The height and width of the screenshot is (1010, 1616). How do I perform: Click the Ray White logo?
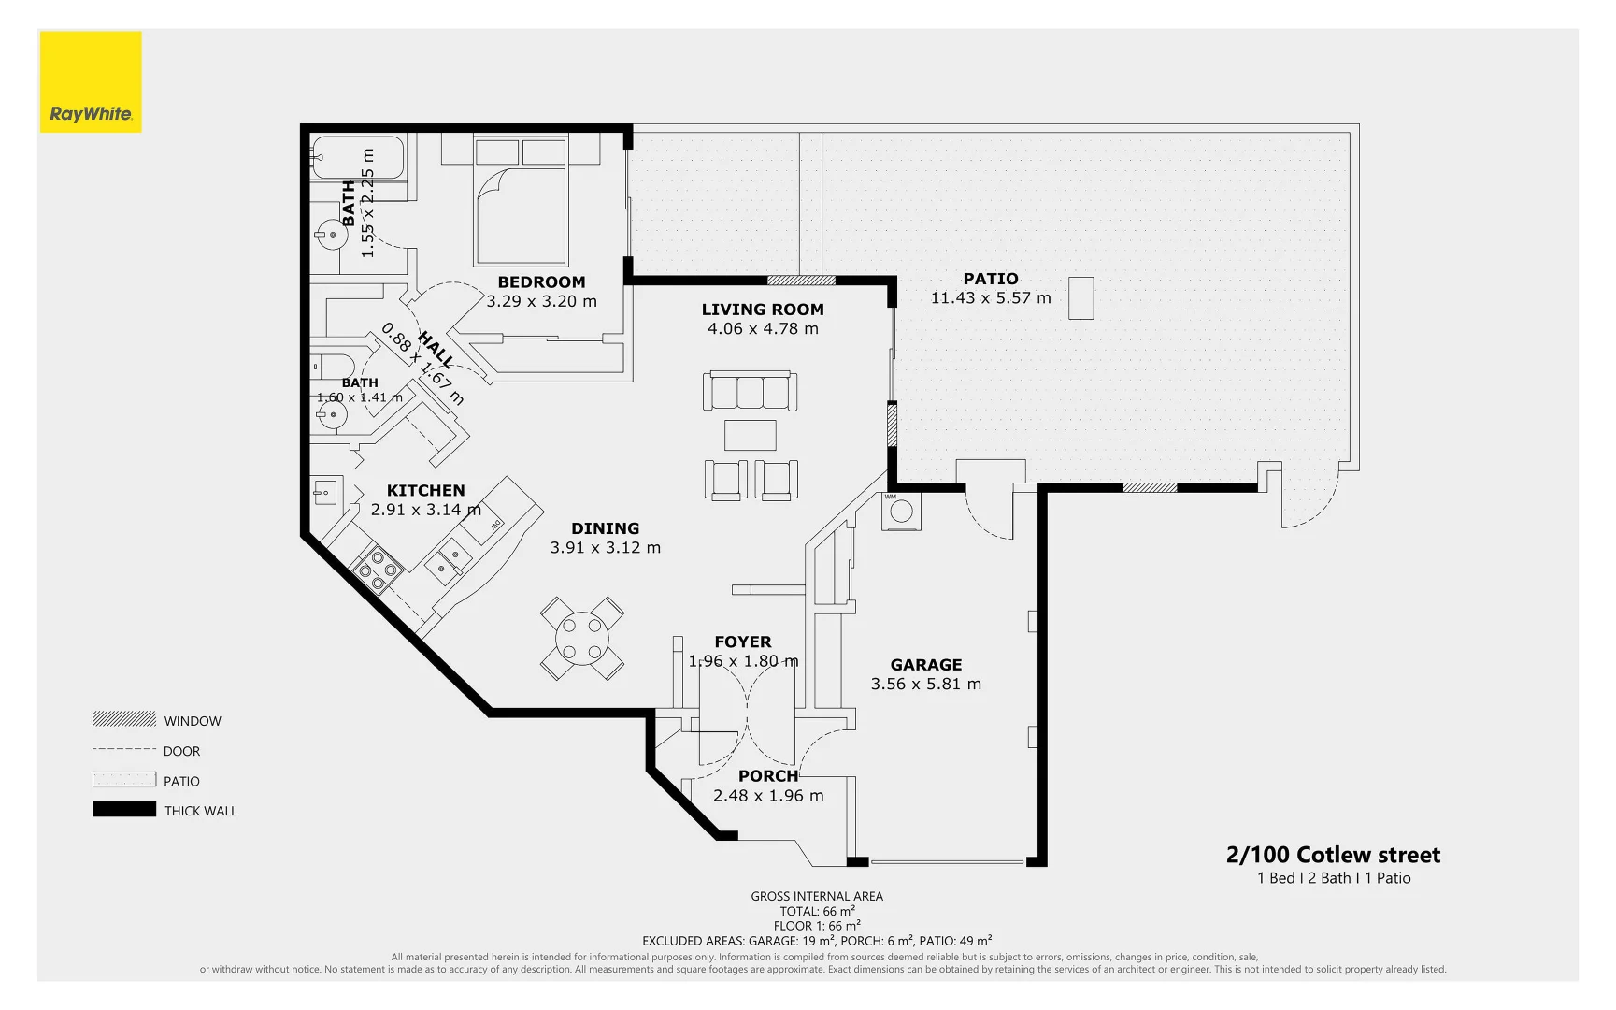91,82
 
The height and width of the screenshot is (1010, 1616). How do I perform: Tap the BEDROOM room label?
541,282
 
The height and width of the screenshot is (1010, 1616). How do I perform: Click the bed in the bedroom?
521,202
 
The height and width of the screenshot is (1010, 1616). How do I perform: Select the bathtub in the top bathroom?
357,158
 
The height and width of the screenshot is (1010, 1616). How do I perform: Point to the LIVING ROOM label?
763,310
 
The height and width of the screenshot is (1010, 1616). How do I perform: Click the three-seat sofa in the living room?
750,391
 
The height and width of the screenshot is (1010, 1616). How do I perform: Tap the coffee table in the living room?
750,435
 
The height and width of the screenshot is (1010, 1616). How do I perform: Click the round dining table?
581,639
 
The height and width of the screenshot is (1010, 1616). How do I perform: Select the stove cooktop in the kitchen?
378,570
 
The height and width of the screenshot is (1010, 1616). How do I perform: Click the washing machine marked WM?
901,512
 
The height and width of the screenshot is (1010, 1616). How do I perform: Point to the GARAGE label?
925,665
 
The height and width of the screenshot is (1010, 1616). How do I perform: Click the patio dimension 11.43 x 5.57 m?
991,298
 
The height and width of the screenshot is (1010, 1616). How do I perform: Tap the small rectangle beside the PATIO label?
1080,298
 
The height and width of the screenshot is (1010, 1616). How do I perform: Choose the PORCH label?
768,776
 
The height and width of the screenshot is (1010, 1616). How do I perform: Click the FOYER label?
743,642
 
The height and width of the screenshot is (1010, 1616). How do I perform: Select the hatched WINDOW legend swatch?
124,719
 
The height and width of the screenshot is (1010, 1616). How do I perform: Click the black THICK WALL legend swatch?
124,810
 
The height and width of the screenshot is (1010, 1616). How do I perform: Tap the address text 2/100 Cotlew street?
1333,855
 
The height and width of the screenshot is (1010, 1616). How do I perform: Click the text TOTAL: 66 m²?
817,911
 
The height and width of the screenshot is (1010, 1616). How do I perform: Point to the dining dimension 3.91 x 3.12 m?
605,548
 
